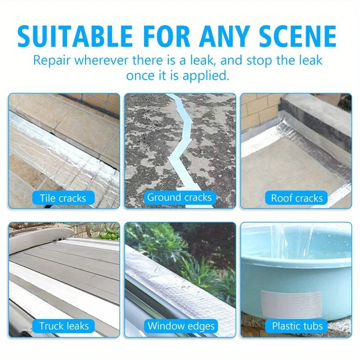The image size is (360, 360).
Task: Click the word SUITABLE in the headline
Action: pos(75,36)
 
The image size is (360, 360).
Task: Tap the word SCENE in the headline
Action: pos(298,36)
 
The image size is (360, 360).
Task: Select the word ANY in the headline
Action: pos(224,36)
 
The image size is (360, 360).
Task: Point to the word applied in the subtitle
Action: pos(206,76)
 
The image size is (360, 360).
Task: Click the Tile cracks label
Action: pos(63,198)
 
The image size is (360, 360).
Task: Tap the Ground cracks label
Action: pos(180,197)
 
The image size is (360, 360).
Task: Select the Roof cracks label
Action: pos(297,198)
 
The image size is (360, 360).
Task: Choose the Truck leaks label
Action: pos(63,326)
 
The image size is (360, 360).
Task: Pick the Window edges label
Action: pos(181,326)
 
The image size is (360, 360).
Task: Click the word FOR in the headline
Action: pos(166,36)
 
